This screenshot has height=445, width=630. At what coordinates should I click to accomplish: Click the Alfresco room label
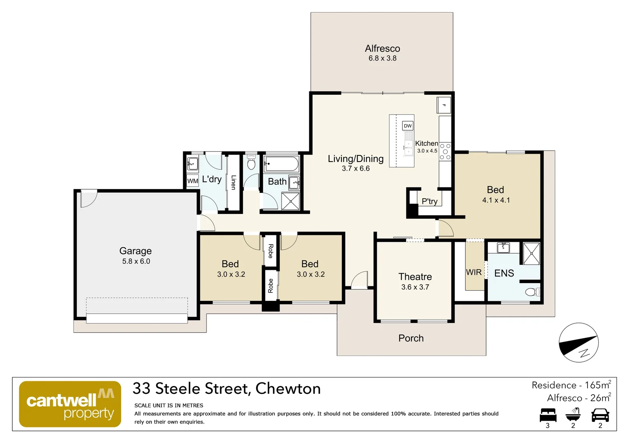coord(382,49)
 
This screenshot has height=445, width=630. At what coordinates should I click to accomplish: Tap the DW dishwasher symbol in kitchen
coord(407,126)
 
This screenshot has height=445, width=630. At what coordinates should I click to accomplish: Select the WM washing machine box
coord(193,181)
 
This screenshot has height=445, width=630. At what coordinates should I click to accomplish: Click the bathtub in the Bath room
coord(282,164)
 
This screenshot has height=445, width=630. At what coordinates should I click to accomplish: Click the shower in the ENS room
coord(531,253)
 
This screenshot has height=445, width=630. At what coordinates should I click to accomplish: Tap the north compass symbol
coord(578,342)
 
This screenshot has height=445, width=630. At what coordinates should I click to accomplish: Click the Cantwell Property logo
coord(70,404)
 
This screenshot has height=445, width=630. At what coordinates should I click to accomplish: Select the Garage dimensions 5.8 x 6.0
coord(136,261)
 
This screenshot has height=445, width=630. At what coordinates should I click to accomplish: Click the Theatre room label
coord(415,277)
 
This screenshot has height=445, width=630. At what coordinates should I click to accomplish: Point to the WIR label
coord(474,272)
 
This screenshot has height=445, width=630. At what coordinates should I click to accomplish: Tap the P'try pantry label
coord(429,201)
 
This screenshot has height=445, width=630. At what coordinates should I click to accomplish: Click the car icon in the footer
coord(600,415)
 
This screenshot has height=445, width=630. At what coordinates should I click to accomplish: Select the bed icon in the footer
coord(548,415)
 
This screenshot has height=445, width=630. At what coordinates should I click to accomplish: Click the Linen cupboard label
coord(233,183)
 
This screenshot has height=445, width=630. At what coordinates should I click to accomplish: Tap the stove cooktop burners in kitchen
coord(445,151)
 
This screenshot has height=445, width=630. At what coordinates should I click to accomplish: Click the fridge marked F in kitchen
coord(444,105)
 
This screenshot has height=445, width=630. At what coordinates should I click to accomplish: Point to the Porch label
coord(411,338)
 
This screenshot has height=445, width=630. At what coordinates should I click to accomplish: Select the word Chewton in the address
coord(288,389)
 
